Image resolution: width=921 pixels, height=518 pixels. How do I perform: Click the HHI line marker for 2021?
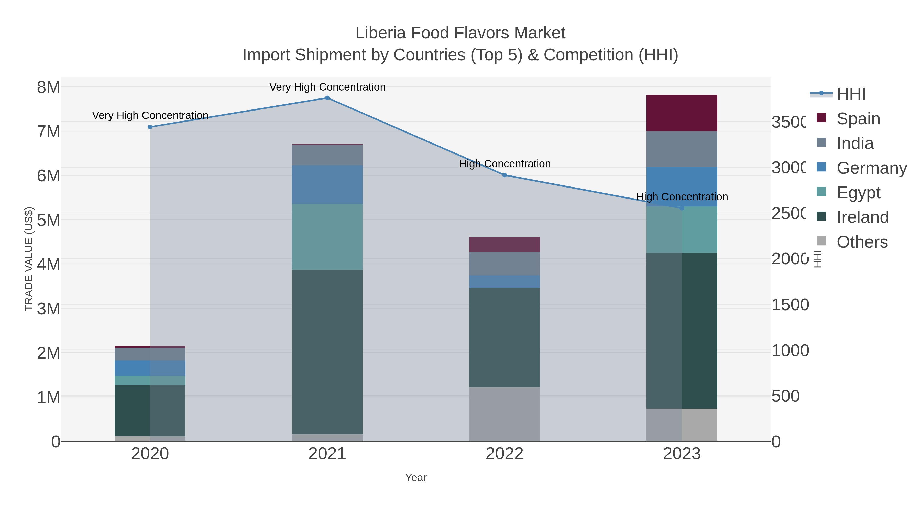327,98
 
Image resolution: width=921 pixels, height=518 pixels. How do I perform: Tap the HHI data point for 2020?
150,127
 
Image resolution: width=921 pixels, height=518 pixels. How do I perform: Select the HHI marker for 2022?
505,175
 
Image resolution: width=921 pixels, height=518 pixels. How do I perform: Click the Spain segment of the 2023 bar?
682,113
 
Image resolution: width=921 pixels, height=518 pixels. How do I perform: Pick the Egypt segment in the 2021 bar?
327,237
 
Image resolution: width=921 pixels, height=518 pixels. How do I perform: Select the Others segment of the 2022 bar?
505,414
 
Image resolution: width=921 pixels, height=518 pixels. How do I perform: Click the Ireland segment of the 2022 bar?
505,337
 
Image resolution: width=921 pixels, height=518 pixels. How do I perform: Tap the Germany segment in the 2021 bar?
327,184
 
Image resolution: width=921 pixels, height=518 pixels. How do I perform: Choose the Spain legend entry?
858,119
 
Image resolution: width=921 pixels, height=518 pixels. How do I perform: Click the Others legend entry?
862,242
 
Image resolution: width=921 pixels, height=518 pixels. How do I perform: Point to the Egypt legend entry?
858,193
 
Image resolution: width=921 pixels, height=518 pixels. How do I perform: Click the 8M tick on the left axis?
49,87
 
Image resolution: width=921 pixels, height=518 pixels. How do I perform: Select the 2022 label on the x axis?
505,454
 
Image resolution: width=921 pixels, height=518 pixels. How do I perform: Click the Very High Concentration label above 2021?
327,87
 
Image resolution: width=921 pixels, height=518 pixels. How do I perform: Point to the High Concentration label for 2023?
682,197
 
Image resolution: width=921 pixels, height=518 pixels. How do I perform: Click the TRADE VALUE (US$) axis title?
29,259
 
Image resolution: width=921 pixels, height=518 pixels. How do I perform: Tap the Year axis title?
416,478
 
